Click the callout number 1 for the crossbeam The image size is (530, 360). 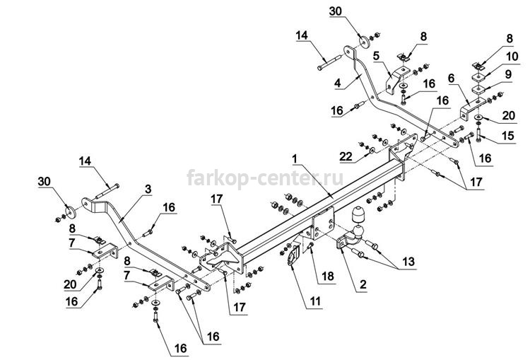tap(295, 158)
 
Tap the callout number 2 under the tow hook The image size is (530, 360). tap(363, 284)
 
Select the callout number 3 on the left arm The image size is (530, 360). tap(148, 189)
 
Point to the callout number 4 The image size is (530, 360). tap(338, 83)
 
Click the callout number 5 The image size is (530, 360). tap(377, 55)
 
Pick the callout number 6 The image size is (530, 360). tap(451, 79)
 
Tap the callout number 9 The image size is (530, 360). tap(508, 74)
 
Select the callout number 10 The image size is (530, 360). tap(512, 56)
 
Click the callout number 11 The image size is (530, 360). tap(315, 301)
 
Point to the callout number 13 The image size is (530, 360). tap(408, 261)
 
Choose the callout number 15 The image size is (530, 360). tap(507, 136)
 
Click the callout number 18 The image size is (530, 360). tap(327, 277)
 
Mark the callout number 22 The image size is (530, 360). tap(346, 156)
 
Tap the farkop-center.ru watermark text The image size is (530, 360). tap(265, 178)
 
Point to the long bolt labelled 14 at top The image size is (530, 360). tap(328, 64)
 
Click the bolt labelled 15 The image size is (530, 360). tap(479, 134)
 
